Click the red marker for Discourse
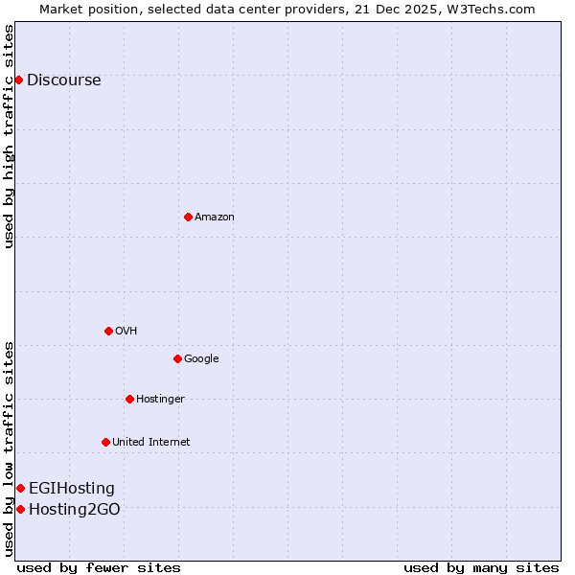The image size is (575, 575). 18,80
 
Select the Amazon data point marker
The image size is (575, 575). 188,217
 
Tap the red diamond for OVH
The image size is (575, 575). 108,331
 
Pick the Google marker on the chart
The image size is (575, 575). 177,358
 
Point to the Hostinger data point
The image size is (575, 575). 129,399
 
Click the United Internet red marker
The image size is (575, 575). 105,442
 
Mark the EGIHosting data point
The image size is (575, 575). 20,489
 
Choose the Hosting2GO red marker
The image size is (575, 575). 20,509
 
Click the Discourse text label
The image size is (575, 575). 63,80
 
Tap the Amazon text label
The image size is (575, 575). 215,218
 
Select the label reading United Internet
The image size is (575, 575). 150,443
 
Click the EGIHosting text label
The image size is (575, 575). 71,489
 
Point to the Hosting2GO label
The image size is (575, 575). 74,510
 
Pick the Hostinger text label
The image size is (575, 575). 160,400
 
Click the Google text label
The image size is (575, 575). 201,359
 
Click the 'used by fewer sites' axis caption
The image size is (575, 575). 99,567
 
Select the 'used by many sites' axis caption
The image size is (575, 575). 481,567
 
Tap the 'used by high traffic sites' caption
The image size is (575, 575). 10,136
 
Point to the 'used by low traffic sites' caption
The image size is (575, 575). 10,448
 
